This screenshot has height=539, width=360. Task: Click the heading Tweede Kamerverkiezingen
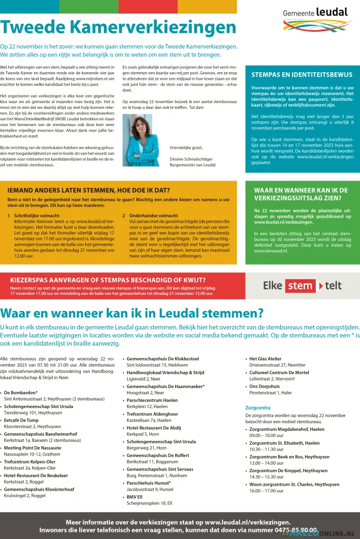click(118, 28)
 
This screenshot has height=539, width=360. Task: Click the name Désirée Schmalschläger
click(192, 159)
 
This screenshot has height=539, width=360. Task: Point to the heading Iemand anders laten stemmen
click(89, 190)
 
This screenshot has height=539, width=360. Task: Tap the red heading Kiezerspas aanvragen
click(108, 280)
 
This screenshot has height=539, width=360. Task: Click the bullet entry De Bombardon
click(21, 392)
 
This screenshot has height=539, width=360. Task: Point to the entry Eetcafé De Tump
click(22, 420)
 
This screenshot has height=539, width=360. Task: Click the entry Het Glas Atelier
click(266, 358)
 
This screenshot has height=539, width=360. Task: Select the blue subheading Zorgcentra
click(258, 408)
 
